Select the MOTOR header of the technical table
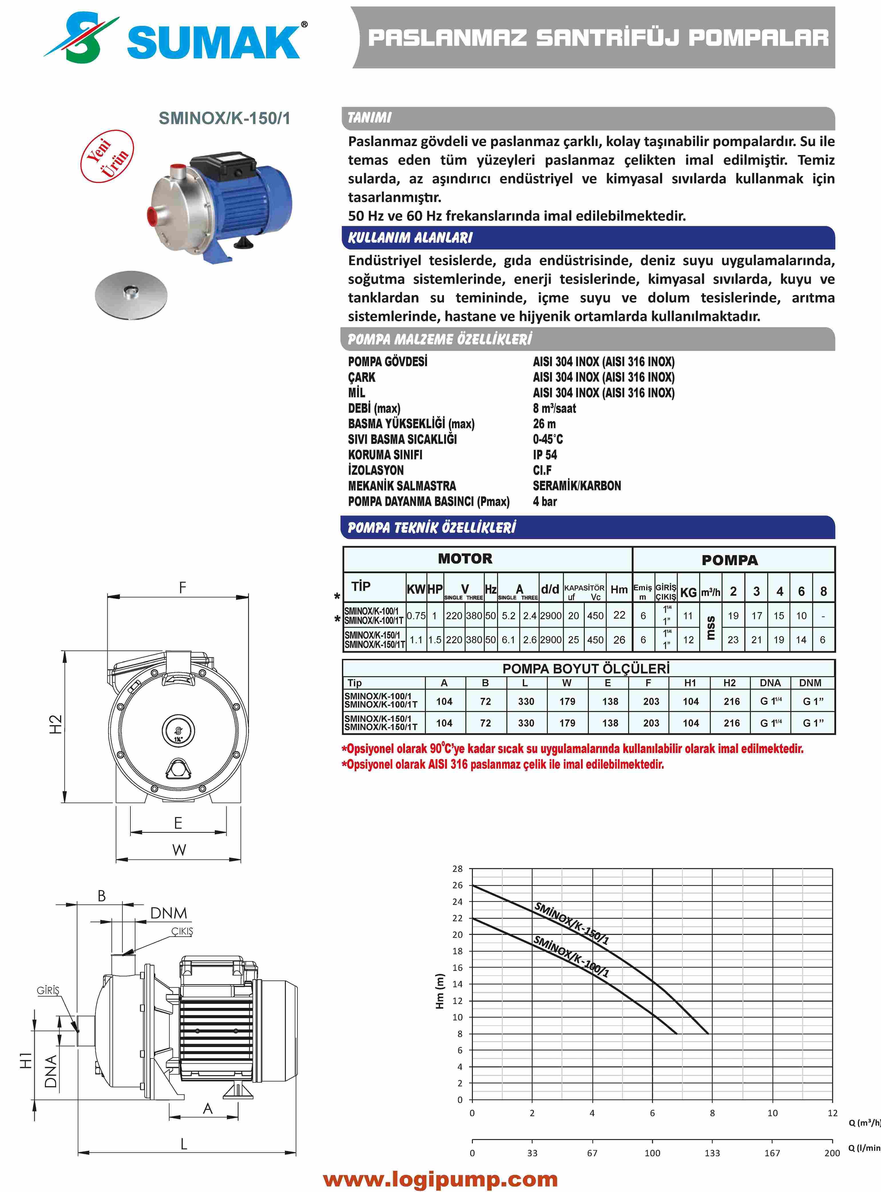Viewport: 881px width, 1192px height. [x=465, y=559]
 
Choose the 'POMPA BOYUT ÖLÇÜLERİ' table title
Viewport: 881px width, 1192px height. [x=586, y=669]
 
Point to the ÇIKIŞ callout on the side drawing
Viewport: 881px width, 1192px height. [x=182, y=931]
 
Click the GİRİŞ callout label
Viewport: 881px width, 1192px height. [x=48, y=990]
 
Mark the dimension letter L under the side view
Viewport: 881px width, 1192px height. [x=184, y=1143]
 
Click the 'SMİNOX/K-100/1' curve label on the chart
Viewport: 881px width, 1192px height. [x=571, y=956]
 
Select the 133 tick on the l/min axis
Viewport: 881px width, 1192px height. [x=712, y=1153]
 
